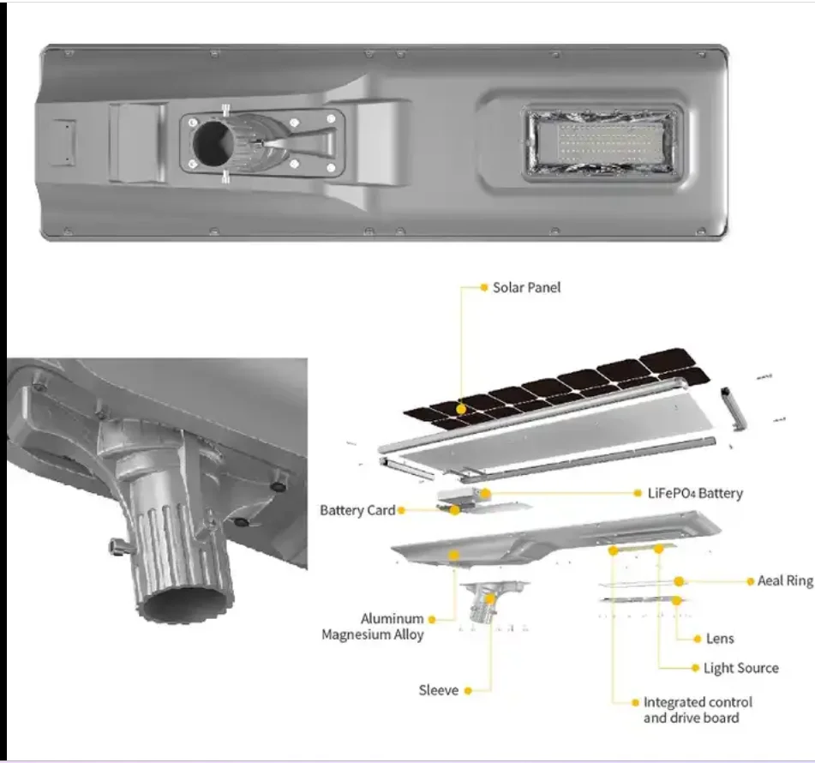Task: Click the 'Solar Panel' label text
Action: [x=526, y=287]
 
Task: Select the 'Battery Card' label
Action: [x=357, y=510]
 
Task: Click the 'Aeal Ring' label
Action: [x=784, y=580]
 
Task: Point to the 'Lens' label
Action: [x=719, y=639]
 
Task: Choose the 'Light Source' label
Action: [x=740, y=668]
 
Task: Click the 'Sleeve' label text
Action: [x=438, y=690]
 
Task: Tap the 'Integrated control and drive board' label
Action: [x=698, y=710]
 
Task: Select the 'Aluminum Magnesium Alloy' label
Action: [x=373, y=626]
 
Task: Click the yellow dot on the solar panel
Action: [x=462, y=409]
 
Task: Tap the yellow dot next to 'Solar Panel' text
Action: [x=483, y=287]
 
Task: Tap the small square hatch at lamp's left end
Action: [x=63, y=142]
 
